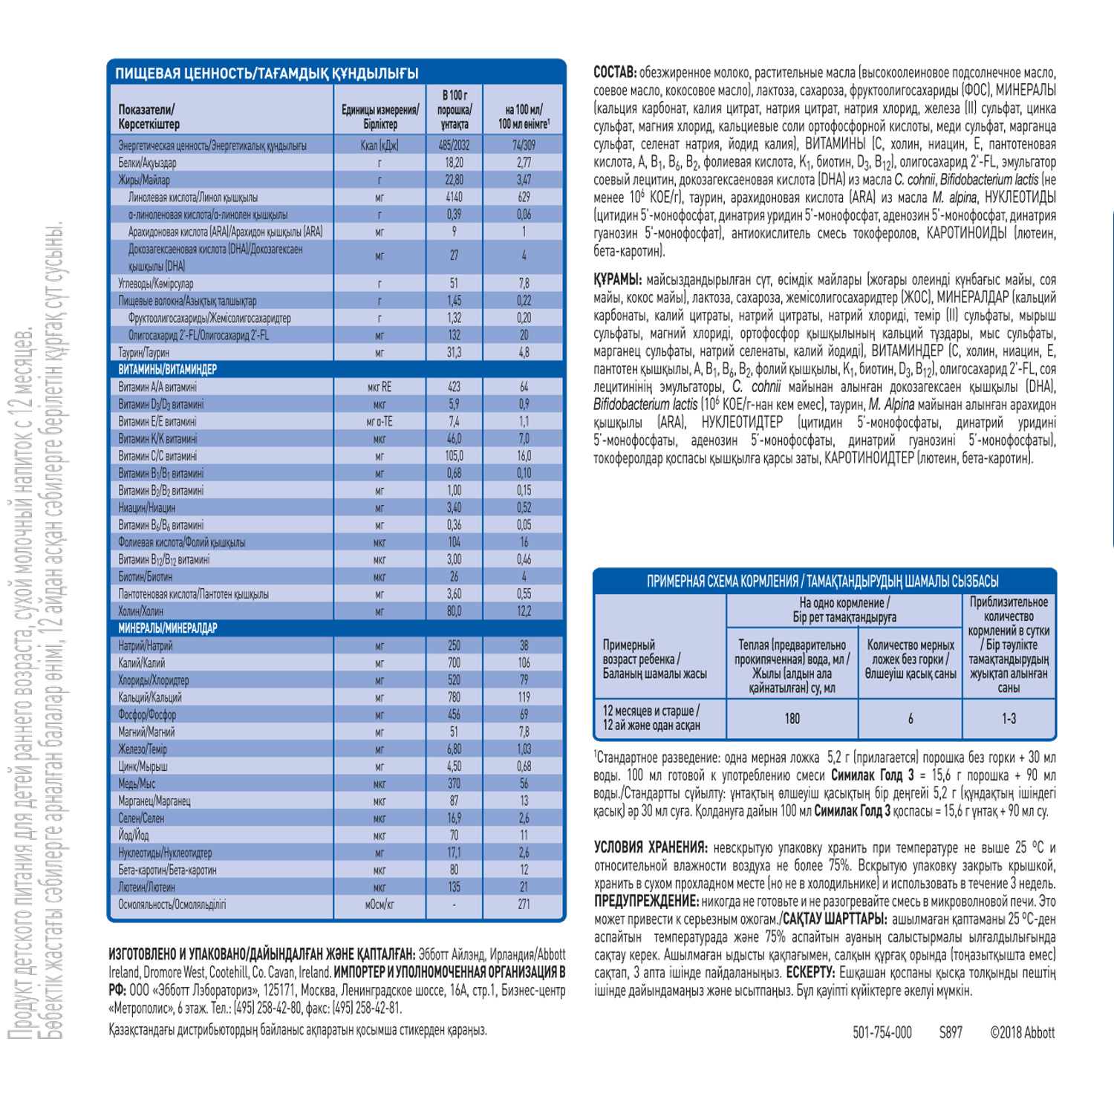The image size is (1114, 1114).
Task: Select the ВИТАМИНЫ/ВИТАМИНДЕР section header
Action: coord(168,369)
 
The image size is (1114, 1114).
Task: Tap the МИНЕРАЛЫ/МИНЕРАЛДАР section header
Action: coord(168,628)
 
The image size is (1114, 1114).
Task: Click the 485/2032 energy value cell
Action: coord(454,146)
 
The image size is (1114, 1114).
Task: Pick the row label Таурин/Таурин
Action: coord(144,353)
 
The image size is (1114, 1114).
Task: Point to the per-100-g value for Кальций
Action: coord(454,697)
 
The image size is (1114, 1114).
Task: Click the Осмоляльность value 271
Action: coord(524,905)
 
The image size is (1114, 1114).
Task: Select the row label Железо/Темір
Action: coord(143,749)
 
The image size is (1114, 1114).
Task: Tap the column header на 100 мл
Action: coord(524,117)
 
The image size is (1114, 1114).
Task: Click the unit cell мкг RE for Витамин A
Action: coord(380,387)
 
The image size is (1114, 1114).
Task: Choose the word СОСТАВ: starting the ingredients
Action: coord(615,73)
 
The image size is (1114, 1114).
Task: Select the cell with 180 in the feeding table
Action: coord(792,718)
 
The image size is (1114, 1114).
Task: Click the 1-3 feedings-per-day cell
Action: coord(1009,718)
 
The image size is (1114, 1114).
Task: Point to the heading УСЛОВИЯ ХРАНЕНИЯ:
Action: coord(650,848)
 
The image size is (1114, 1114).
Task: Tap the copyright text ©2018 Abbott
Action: coord(1022,1032)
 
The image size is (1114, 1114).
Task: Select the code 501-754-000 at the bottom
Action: coord(882,1032)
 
